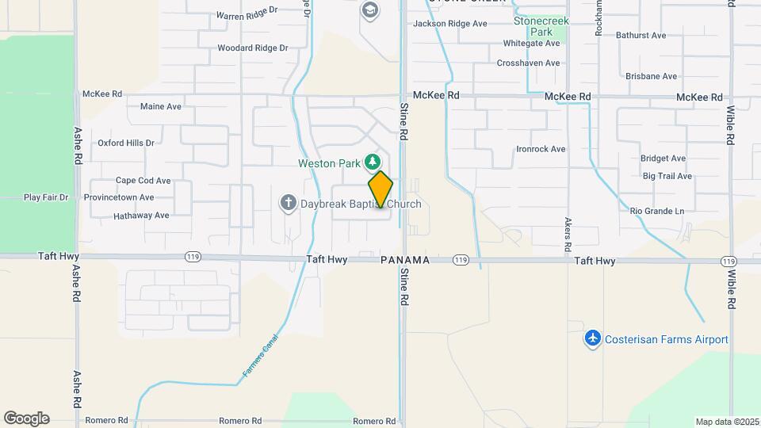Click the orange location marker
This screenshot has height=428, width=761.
380,189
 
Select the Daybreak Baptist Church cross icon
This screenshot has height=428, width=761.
288,204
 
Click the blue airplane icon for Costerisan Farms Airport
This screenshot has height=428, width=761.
592,339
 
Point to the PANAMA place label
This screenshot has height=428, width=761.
405,260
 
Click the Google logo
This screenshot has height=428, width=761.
26,418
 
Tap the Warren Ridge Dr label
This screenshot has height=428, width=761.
247,15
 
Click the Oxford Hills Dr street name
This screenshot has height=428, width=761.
126,143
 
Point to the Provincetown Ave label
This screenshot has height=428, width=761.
123,197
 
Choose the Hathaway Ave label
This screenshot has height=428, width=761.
141,215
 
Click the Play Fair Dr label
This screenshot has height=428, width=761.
46,197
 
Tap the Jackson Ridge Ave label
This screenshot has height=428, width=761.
449,24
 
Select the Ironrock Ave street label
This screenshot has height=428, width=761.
541,149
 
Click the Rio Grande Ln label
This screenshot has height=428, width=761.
656,212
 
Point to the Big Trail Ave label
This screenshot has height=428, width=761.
667,176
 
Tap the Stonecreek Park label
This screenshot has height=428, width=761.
541,26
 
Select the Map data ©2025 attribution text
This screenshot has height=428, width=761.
725,422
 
